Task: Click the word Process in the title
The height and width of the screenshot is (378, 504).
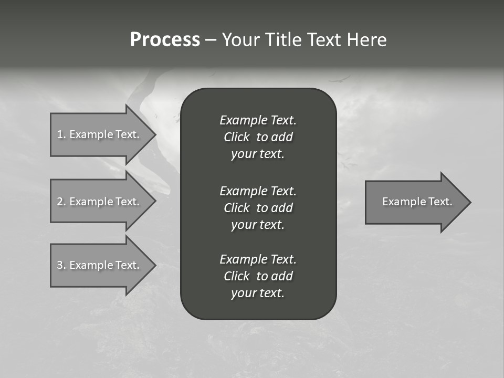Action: pyautogui.click(x=165, y=40)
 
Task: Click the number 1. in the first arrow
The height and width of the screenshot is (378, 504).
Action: pyautogui.click(x=61, y=134)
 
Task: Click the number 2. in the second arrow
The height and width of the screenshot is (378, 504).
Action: pyautogui.click(x=61, y=202)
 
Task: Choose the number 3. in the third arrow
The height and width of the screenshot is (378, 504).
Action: pyautogui.click(x=61, y=265)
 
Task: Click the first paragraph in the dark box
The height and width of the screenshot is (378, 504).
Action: pyautogui.click(x=258, y=137)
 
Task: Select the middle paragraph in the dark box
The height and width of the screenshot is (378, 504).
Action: pyautogui.click(x=258, y=207)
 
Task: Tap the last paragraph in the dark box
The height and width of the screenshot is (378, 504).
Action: pyautogui.click(x=258, y=276)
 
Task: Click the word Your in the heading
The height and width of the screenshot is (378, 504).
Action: pyautogui.click(x=241, y=40)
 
